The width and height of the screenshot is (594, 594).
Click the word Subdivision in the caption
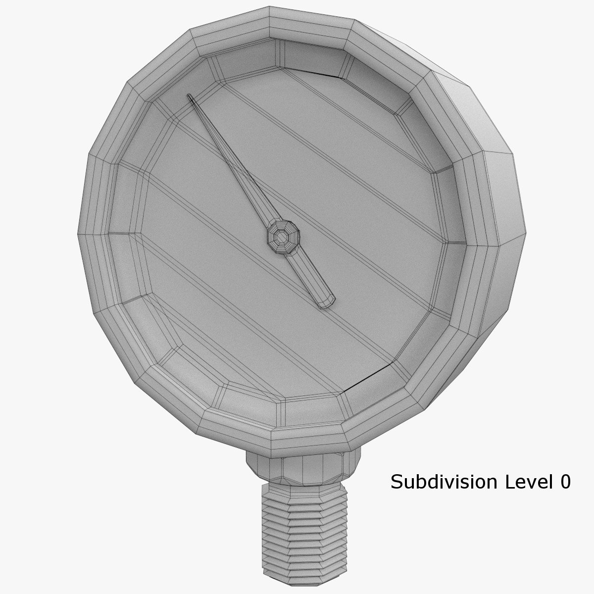point(444,482)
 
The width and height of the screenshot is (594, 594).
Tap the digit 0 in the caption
point(565,482)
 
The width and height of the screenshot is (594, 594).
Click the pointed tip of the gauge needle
point(189,96)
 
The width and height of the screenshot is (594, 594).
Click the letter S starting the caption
point(396,482)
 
